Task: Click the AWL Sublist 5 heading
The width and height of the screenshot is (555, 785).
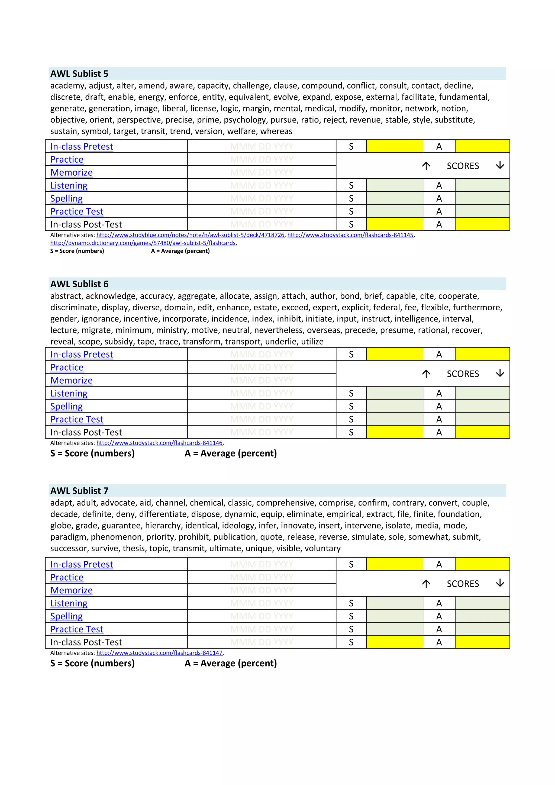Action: (79, 73)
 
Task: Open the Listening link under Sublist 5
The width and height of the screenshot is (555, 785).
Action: (69, 185)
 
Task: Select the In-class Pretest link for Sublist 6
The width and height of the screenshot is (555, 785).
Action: (81, 354)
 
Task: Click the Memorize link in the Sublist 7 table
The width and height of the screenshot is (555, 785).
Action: (72, 590)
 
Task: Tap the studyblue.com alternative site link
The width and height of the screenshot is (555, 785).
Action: (190, 235)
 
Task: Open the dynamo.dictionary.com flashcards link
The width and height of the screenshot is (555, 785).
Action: (143, 243)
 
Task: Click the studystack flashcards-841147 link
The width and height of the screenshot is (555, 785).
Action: (159, 653)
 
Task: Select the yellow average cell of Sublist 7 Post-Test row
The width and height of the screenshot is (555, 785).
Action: (482, 642)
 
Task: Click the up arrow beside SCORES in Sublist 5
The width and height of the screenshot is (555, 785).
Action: (426, 166)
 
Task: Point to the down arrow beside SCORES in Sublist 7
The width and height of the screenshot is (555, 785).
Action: (500, 583)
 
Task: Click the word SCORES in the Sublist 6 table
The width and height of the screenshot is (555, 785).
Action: (463, 374)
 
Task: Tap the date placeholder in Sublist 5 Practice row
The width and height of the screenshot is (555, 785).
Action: (262, 159)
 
